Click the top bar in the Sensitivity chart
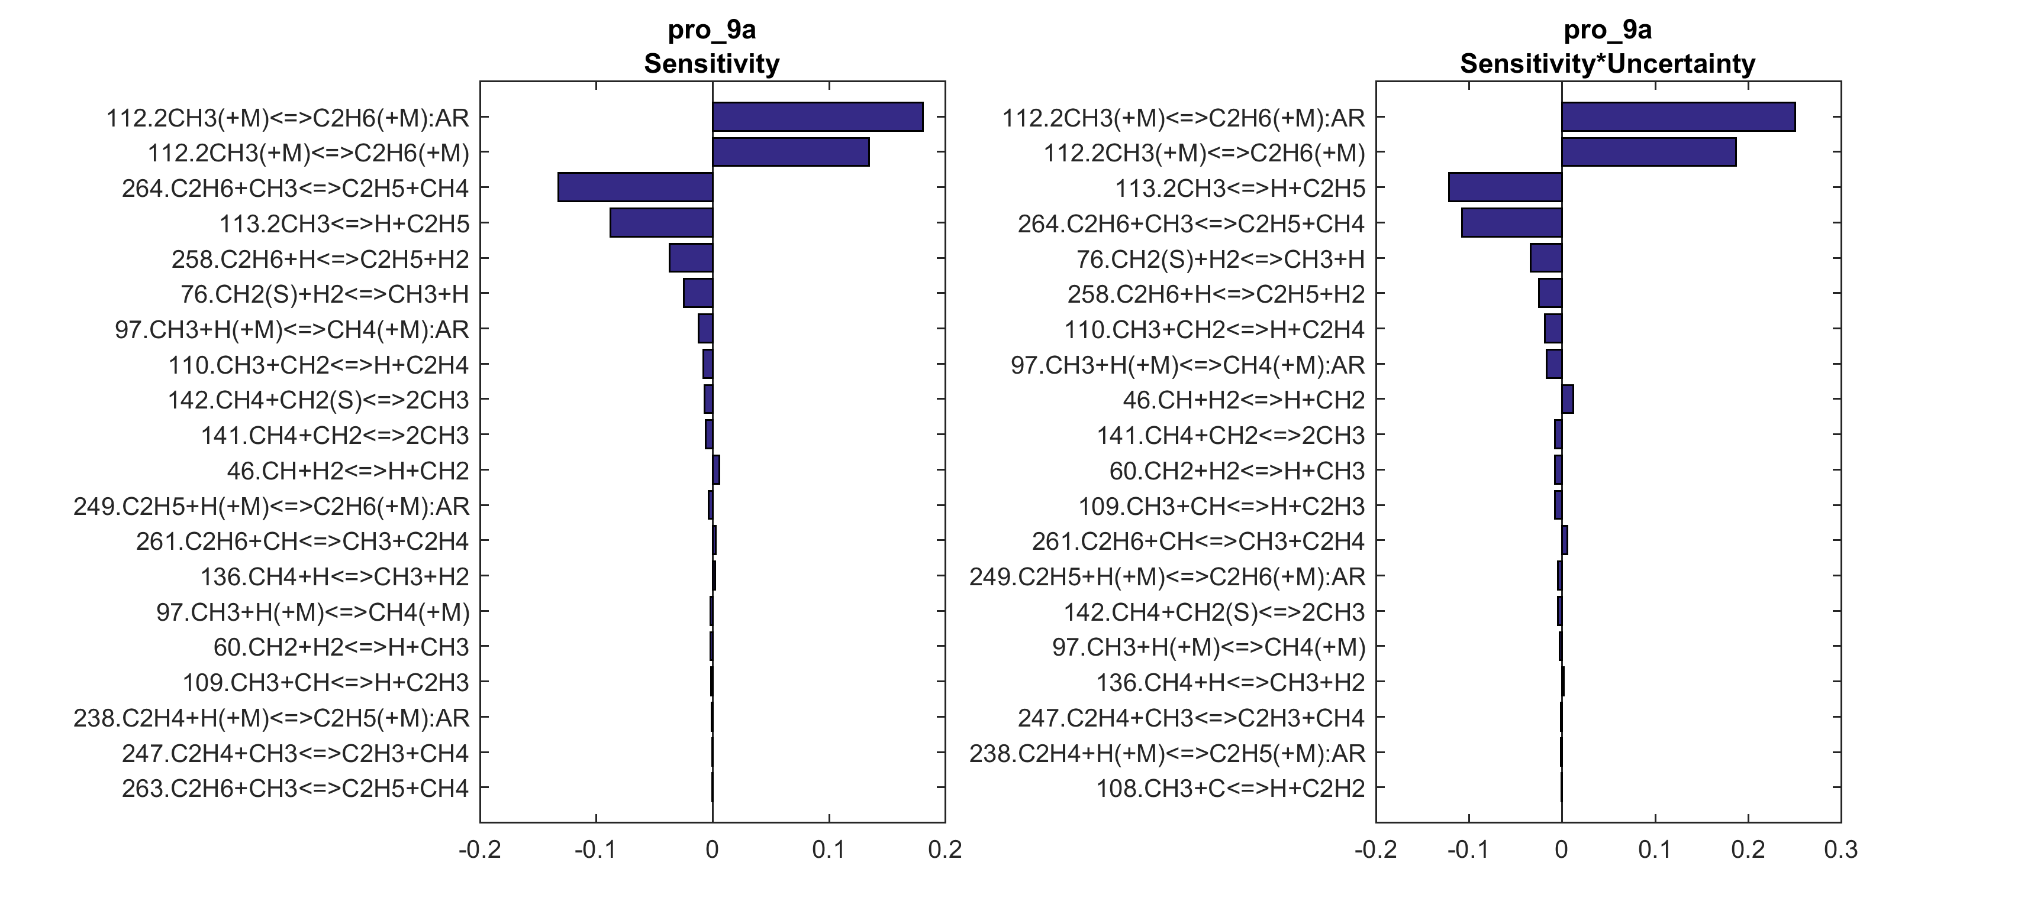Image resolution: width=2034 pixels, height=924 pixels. point(817,117)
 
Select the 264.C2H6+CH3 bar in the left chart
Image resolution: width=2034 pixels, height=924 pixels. point(635,187)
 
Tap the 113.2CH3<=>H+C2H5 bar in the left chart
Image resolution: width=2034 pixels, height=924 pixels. point(661,222)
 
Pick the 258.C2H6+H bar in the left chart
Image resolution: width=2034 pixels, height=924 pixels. point(691,258)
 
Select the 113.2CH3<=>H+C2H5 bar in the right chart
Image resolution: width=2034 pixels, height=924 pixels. point(1505,187)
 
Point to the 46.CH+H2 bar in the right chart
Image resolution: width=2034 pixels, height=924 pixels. point(1567,399)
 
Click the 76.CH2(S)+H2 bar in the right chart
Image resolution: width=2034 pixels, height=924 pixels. point(1546,258)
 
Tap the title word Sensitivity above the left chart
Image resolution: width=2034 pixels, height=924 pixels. point(711,63)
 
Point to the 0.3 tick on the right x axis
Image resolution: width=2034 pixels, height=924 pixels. point(1840,850)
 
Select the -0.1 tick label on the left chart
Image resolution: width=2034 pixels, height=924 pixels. point(595,850)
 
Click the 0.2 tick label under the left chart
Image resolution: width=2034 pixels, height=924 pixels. point(945,850)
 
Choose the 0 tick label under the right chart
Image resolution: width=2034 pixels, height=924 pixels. point(1561,850)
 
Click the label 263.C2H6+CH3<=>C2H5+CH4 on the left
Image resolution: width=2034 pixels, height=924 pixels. point(295,788)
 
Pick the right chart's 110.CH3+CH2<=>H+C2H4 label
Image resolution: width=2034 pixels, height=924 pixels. point(1214,329)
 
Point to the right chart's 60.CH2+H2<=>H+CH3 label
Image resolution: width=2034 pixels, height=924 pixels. point(1236,471)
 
